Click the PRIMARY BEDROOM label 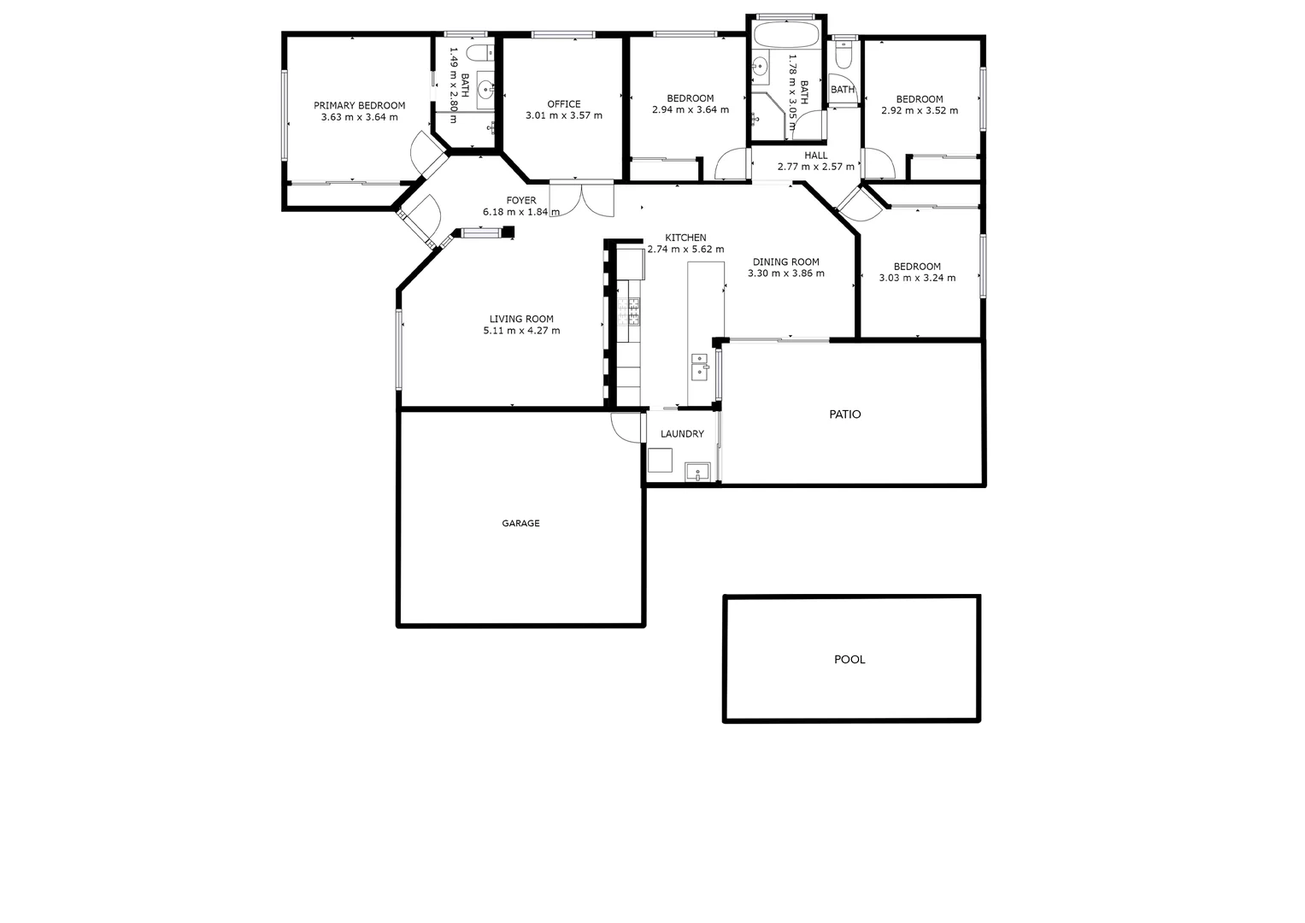coord(359,105)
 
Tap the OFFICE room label coord(563,104)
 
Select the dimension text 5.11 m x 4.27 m coord(521,331)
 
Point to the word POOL coord(849,660)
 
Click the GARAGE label coord(520,523)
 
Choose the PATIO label coord(845,414)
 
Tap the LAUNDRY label coord(682,434)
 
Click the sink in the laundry coord(697,471)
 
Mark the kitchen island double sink coord(699,366)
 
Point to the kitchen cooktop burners coord(634,312)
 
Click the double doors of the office coord(581,198)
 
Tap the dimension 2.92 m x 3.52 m coord(920,110)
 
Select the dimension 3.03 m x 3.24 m coord(917,278)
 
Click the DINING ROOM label coord(785,262)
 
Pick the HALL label coord(815,156)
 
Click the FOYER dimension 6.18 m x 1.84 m coord(521,212)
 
